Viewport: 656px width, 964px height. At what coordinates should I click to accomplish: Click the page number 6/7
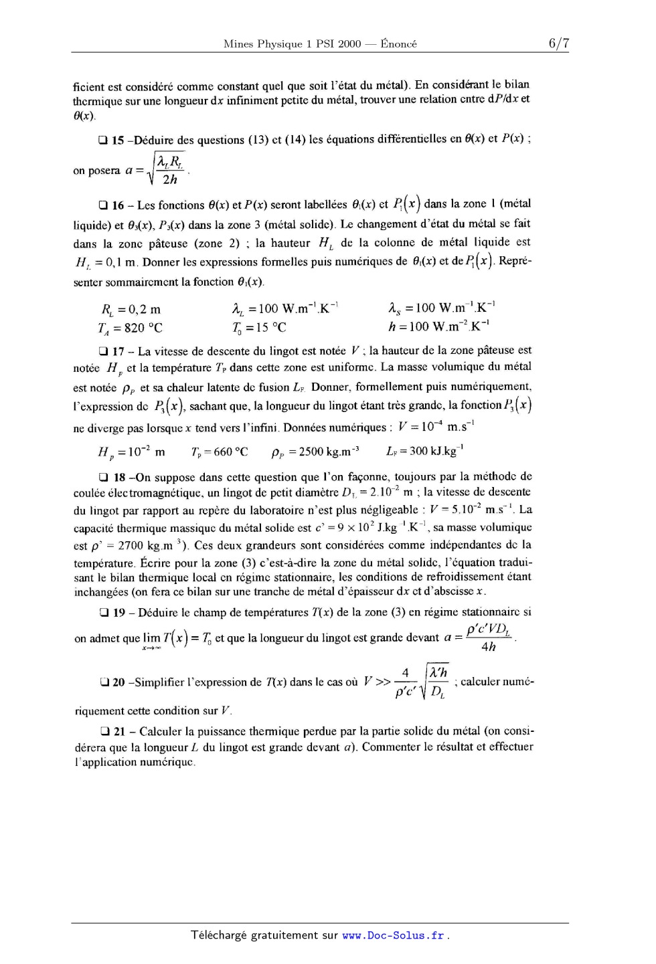[558, 43]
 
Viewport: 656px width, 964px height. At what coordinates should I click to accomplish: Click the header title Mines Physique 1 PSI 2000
[292, 44]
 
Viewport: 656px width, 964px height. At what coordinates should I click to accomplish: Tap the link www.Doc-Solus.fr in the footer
[393, 935]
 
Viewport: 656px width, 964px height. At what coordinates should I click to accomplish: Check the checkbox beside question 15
[102, 140]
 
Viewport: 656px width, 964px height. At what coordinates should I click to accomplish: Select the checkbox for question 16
[102, 205]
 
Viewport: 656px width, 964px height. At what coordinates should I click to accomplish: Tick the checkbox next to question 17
[102, 351]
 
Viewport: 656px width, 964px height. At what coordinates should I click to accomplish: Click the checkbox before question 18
[102, 478]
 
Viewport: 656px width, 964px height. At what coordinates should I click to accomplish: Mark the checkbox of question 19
[102, 613]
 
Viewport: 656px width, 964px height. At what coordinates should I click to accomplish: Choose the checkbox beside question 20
[102, 682]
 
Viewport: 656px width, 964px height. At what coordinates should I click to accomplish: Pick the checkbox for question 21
[102, 732]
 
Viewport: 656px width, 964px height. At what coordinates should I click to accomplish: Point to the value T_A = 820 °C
[129, 328]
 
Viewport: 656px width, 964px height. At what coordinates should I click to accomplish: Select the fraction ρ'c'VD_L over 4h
[489, 638]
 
